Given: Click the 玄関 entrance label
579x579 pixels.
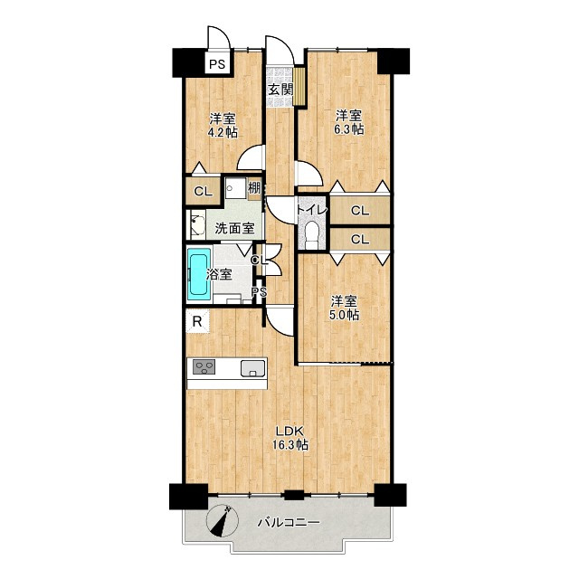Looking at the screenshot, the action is (280, 90).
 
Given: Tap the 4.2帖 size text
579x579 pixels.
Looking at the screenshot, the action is (223, 133).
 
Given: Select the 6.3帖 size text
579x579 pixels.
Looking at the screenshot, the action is (348, 129).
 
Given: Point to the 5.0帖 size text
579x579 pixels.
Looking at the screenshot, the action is (344, 315).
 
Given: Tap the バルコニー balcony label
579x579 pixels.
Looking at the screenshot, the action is (289, 523).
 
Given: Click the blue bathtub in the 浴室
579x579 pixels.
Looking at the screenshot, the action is (199, 273).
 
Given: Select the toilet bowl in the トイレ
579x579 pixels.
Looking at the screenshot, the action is (312, 235).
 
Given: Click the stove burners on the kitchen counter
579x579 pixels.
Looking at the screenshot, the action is (204, 367).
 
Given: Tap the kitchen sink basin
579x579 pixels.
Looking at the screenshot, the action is (253, 368).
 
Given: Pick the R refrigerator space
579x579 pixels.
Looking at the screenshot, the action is (197, 322).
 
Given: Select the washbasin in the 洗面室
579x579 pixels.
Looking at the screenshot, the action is (198, 225).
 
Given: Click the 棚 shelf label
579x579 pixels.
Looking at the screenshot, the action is (254, 188).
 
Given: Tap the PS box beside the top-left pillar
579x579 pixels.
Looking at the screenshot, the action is (217, 63).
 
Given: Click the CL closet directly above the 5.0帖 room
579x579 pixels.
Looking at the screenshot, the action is (360, 239).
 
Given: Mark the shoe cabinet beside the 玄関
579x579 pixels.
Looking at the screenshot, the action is (299, 86).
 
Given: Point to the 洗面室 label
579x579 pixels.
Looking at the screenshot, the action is (234, 228).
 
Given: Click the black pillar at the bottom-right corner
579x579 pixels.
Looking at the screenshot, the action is (390, 495).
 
